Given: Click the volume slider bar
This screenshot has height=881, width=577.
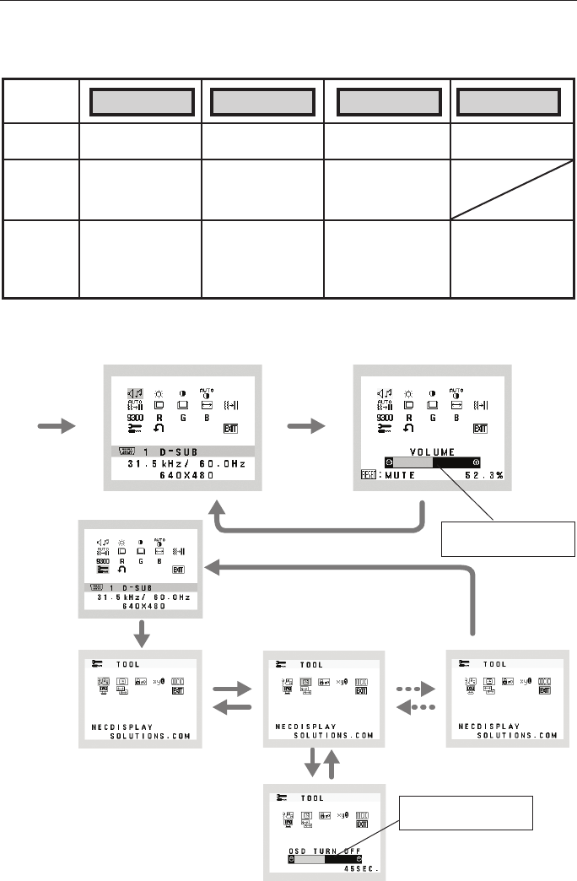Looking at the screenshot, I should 431,462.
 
